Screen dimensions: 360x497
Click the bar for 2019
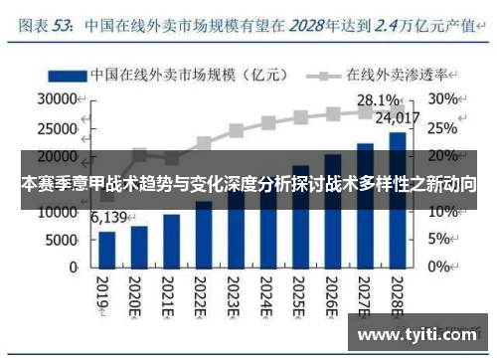pyautogui.click(x=106, y=250)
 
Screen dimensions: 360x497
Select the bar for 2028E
pyautogui.click(x=397, y=199)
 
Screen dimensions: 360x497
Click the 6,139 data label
pyautogui.click(x=110, y=218)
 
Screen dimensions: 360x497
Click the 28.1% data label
pyautogui.click(x=378, y=100)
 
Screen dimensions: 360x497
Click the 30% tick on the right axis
pyautogui.click(x=443, y=99)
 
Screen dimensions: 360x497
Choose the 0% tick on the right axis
pyautogui.click(x=439, y=268)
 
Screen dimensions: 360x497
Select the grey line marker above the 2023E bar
pyautogui.click(x=236, y=130)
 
